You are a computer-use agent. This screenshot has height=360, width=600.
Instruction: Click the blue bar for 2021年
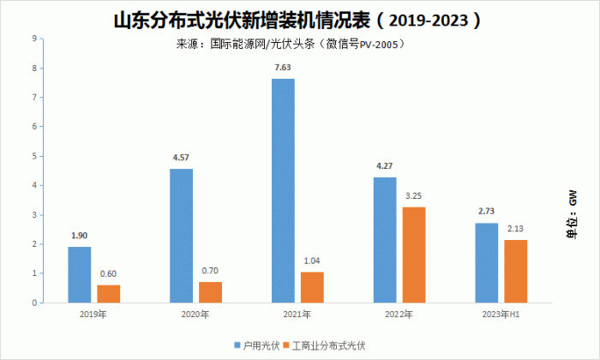283,190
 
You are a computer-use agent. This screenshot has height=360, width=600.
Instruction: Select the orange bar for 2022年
414,255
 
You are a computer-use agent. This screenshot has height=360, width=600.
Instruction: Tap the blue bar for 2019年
80,274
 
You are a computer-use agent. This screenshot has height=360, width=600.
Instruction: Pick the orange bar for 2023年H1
515,271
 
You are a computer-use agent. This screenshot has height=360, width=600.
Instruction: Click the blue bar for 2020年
182,236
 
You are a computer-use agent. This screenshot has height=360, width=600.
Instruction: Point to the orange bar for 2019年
109,294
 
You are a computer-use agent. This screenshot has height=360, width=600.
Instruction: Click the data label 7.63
283,68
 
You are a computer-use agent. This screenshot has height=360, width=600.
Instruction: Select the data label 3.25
414,196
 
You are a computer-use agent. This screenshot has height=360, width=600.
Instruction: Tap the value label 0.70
210,271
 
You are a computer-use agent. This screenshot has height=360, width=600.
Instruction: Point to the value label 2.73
486,211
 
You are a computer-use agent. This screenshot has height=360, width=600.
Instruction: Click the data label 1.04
312,261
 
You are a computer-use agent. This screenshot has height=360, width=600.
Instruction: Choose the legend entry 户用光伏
257,345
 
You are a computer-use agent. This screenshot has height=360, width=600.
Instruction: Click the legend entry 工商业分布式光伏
324,345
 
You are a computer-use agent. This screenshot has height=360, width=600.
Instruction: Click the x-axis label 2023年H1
501,315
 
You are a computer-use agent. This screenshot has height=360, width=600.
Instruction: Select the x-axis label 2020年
195,315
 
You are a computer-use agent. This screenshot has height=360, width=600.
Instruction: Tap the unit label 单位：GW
572,214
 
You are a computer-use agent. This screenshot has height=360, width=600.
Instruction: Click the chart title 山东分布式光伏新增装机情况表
243,20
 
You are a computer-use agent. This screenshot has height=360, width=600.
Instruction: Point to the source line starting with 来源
290,45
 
